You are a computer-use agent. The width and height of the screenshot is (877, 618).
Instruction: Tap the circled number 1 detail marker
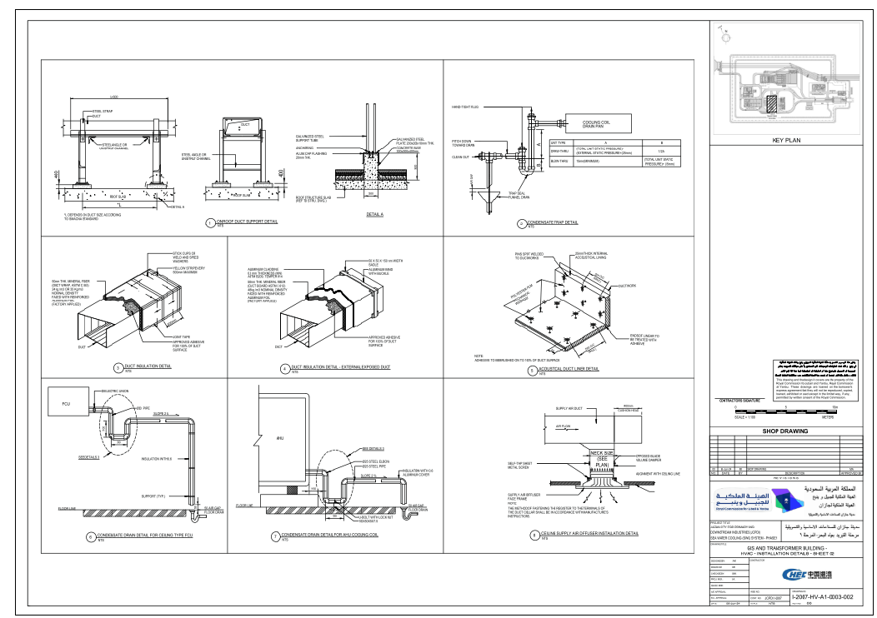[210, 222]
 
